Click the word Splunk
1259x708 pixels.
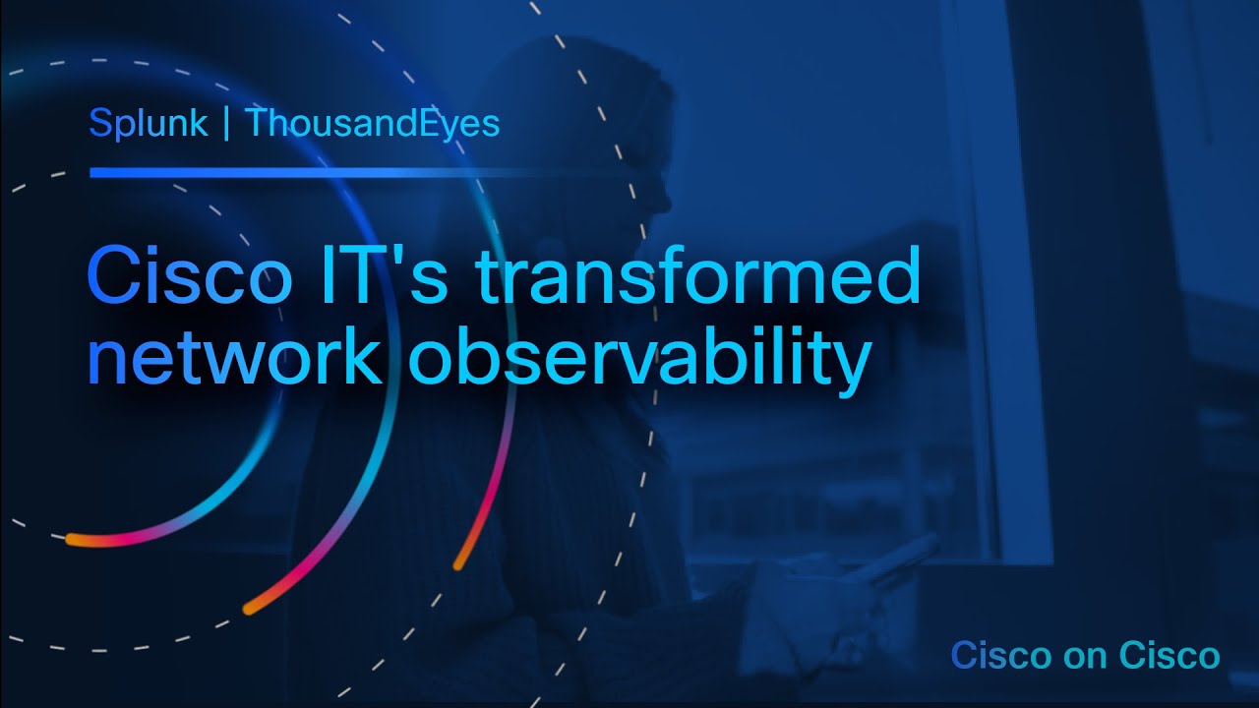tap(148, 123)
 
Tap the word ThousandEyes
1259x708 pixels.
tap(372, 123)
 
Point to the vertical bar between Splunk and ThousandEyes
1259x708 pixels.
tap(227, 124)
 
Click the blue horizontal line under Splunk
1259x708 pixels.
tap(354, 173)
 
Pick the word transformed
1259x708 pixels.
tap(698, 276)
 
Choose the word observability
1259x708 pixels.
tap(639, 362)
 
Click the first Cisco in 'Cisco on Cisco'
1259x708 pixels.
tap(993, 655)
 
